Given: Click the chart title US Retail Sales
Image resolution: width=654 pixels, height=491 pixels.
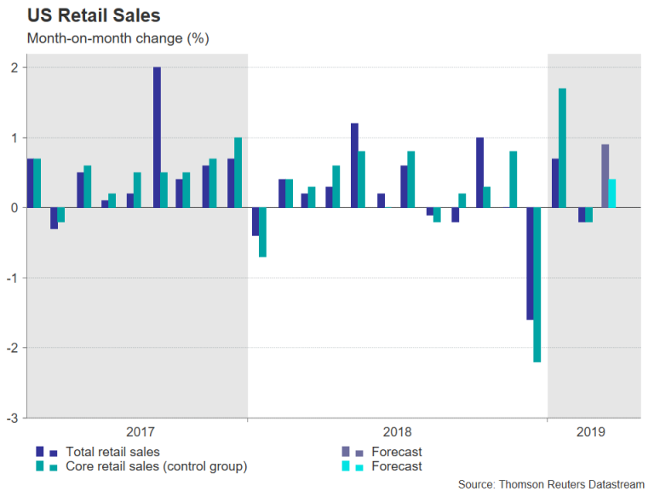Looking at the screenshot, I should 94,15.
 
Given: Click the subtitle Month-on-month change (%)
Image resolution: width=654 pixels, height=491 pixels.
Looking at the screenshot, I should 118,38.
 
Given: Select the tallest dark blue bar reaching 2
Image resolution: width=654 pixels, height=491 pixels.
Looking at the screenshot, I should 158,136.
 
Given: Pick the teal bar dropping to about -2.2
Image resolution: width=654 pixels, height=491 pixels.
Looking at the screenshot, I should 536,285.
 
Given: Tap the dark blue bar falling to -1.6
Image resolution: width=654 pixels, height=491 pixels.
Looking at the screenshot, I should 529,263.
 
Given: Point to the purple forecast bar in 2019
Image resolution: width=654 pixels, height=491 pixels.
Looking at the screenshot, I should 605,176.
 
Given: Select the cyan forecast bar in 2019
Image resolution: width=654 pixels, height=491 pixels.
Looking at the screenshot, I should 612,194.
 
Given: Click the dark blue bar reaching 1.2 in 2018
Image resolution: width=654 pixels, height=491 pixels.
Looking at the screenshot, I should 354,165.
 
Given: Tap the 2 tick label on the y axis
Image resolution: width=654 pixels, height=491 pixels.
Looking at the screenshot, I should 14,67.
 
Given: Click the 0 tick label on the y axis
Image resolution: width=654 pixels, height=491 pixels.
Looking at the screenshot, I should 14,208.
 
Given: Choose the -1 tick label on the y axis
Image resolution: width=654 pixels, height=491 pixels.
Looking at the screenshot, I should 12,278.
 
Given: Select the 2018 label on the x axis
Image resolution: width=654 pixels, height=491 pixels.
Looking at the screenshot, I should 397,432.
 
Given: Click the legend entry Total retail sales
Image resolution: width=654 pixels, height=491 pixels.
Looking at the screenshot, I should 112,452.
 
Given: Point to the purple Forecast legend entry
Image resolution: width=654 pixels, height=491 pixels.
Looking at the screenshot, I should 396,452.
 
